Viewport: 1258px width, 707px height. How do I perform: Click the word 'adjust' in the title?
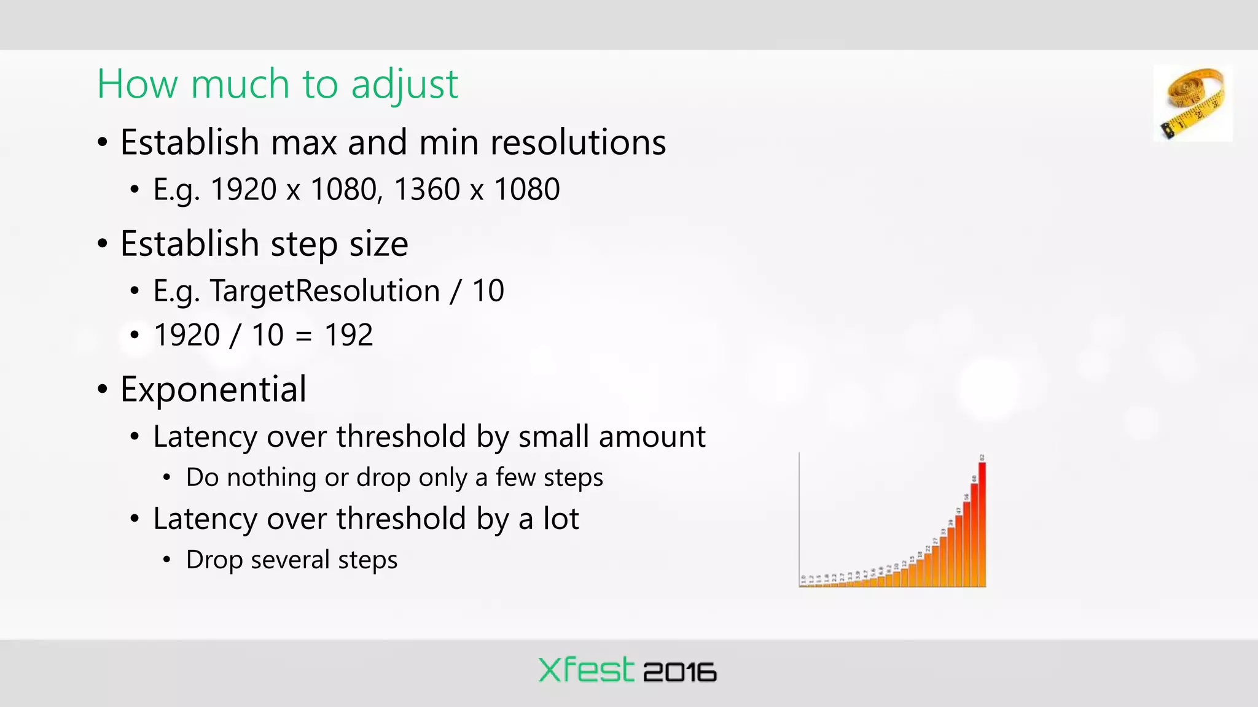404,85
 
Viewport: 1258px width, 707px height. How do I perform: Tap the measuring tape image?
1193,103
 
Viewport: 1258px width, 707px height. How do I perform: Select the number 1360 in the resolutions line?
426,189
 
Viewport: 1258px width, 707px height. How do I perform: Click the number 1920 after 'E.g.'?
243,189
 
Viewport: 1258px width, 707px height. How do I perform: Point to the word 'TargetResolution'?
325,291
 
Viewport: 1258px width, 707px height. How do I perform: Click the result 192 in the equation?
348,335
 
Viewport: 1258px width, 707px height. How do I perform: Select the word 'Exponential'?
213,389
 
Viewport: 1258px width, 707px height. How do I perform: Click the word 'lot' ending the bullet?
560,519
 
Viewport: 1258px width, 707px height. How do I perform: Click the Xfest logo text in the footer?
585,670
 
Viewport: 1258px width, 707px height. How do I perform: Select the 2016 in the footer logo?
679,673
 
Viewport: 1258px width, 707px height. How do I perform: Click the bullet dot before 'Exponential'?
103,390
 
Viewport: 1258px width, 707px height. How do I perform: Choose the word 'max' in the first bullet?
303,143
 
